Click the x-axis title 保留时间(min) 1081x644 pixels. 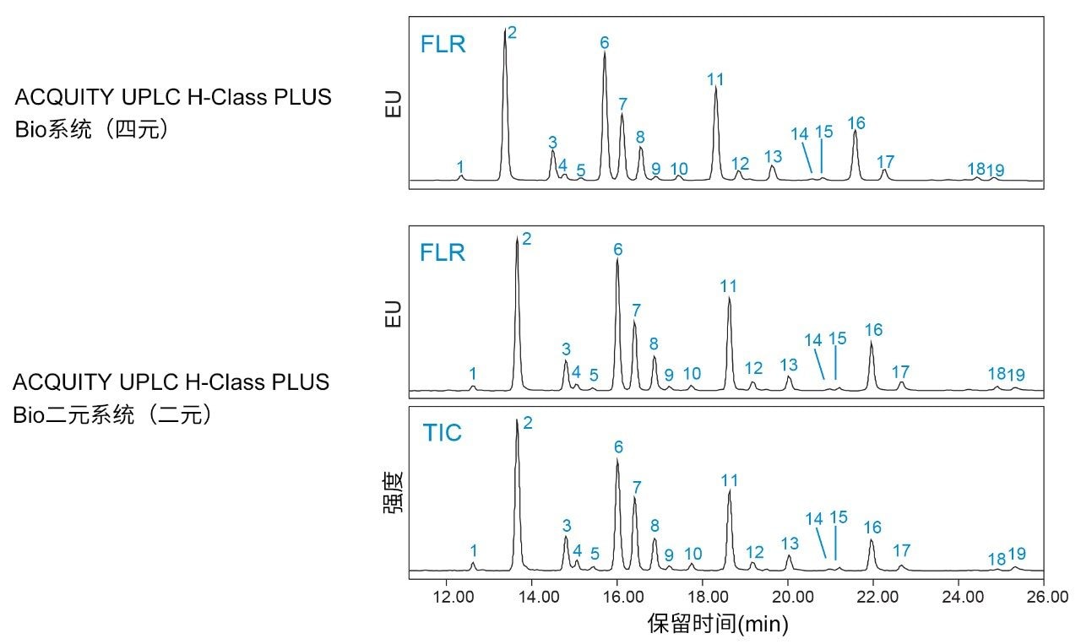718,625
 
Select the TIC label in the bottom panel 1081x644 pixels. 443,433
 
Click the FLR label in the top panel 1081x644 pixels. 443,45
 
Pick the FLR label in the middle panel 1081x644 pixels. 443,252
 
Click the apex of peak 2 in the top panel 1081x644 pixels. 505,30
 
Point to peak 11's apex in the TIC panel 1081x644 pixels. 729,491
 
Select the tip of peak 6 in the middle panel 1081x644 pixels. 617,260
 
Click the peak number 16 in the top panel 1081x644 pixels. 856,123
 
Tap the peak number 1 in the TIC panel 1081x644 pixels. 474,550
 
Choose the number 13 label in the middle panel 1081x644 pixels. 789,365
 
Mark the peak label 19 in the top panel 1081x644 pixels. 997,170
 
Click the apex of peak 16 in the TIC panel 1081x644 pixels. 872,540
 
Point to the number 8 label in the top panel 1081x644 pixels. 640,137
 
